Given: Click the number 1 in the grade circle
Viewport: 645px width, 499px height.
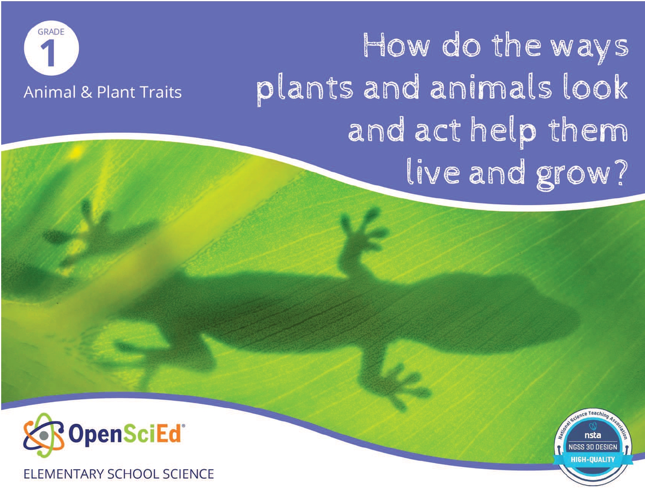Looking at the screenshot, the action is (x=48, y=54).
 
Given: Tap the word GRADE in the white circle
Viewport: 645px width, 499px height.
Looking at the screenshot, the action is (x=51, y=32).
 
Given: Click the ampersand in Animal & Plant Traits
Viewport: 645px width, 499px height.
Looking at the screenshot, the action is (x=86, y=92).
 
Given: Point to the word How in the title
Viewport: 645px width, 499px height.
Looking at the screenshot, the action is (x=396, y=45).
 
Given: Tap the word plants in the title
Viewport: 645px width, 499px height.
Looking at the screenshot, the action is (x=305, y=89).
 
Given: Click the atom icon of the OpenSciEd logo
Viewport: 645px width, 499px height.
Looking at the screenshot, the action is (x=44, y=435).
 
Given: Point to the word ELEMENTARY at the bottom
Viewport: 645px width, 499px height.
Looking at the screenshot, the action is (x=63, y=474).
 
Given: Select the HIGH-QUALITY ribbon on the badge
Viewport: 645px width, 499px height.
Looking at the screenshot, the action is (x=593, y=459).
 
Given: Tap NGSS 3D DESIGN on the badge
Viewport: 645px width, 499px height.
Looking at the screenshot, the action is (x=593, y=447).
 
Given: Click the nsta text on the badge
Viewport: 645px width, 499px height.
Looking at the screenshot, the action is (x=593, y=435).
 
